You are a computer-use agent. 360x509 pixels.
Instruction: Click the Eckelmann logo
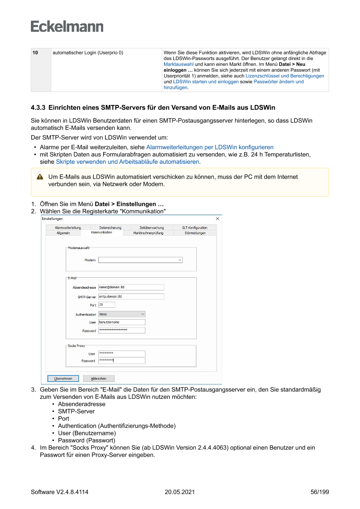(67, 26)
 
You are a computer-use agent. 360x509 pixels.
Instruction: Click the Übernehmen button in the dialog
(63, 378)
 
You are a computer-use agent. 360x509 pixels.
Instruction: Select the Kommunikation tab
(101, 233)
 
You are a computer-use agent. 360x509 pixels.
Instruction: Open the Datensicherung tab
(110, 227)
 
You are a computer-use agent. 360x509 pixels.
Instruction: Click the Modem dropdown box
(140, 260)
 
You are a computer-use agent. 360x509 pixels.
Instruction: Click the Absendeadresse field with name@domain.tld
(131, 287)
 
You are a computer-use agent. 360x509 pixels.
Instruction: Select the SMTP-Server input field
(131, 297)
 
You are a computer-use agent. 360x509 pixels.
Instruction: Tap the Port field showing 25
(107, 305)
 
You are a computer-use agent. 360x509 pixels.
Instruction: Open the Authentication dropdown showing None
(121, 314)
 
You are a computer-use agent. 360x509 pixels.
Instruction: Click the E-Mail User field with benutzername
(121, 322)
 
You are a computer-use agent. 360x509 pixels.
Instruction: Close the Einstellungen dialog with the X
(218, 219)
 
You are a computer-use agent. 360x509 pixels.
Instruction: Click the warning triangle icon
(40, 177)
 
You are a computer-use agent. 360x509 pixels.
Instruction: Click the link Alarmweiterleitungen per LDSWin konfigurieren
(210, 147)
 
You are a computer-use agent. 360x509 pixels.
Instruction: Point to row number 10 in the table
(35, 53)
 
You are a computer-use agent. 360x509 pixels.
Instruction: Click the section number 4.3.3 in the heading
(38, 107)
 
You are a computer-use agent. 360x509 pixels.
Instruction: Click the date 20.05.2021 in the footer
(179, 492)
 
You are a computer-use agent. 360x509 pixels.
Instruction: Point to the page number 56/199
(320, 492)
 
